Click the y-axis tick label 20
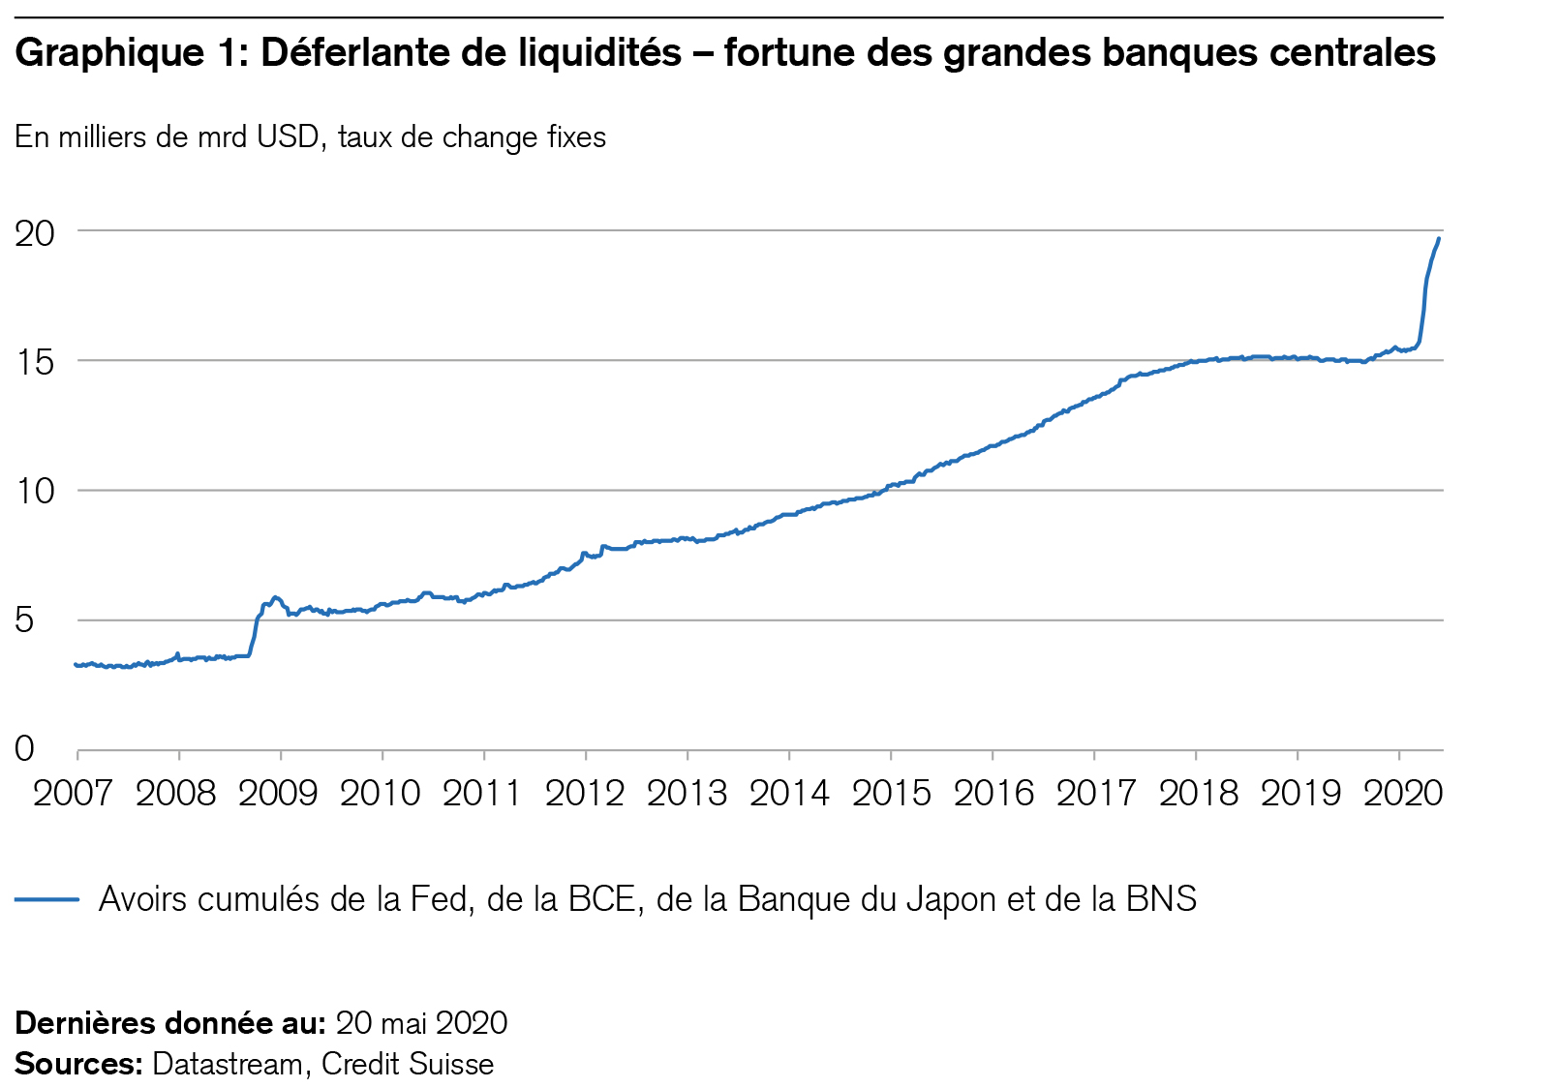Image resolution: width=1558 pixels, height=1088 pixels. click(x=34, y=233)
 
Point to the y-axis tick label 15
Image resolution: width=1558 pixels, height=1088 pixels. click(x=34, y=363)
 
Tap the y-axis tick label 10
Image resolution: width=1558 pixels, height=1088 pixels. click(x=34, y=492)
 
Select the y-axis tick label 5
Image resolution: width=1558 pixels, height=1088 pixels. click(x=24, y=620)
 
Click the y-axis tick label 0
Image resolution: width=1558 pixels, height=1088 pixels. click(x=24, y=749)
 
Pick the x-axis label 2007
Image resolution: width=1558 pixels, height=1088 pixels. click(x=74, y=794)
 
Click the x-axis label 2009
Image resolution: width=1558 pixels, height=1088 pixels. click(x=279, y=794)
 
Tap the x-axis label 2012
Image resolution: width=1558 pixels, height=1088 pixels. click(x=585, y=794)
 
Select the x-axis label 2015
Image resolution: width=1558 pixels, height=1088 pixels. click(x=891, y=794)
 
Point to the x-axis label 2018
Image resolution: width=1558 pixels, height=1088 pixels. click(x=1198, y=794)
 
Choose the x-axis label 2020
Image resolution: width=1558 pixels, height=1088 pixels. click(x=1403, y=794)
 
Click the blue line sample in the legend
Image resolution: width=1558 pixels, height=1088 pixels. click(x=46, y=899)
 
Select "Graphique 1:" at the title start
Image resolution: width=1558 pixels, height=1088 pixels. click(x=133, y=52)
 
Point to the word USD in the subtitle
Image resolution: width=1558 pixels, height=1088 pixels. click(x=288, y=137)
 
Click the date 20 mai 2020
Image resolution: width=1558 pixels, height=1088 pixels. click(x=421, y=1023)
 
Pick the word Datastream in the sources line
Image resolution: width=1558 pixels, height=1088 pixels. click(x=228, y=1064)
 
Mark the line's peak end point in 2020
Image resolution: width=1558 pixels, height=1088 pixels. click(x=1439, y=238)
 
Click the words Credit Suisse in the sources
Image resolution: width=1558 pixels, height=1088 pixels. click(x=408, y=1064)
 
